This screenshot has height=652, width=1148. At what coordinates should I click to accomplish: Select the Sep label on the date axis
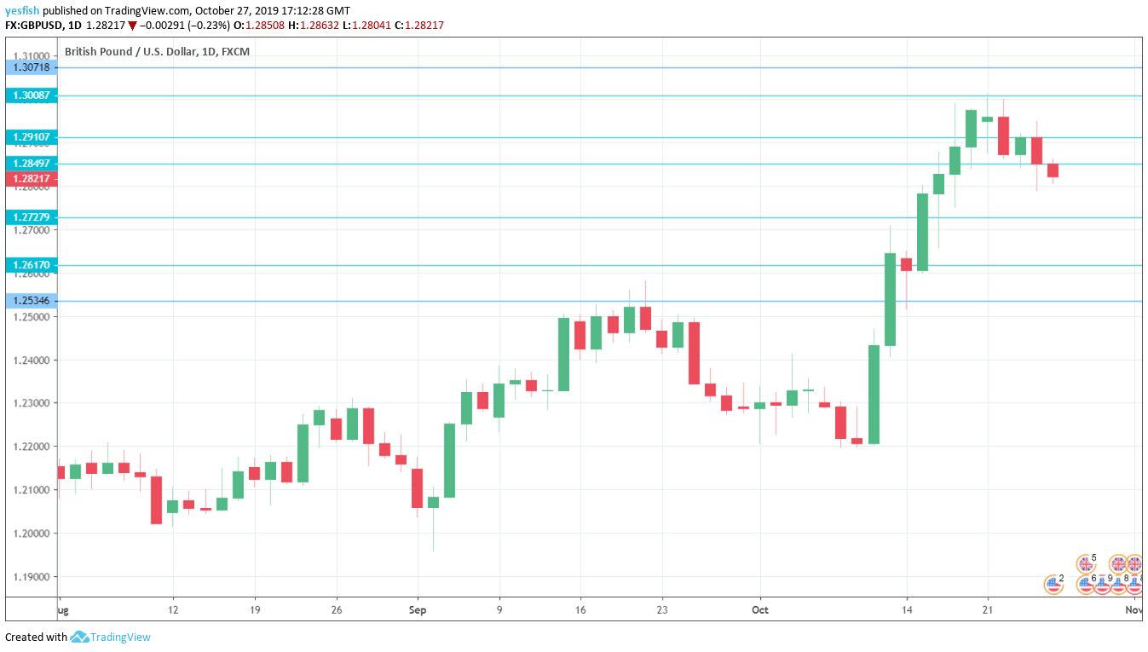click(418, 610)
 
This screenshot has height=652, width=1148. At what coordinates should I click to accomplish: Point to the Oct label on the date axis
click(760, 610)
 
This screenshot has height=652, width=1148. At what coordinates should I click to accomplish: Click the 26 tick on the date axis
click(337, 610)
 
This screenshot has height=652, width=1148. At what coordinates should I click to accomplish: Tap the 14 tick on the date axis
click(907, 610)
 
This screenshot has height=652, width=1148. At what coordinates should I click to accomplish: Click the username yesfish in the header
click(22, 11)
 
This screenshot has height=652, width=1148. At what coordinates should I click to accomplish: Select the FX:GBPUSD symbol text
click(37, 26)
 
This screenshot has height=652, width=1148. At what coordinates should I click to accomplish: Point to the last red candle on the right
click(1053, 170)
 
